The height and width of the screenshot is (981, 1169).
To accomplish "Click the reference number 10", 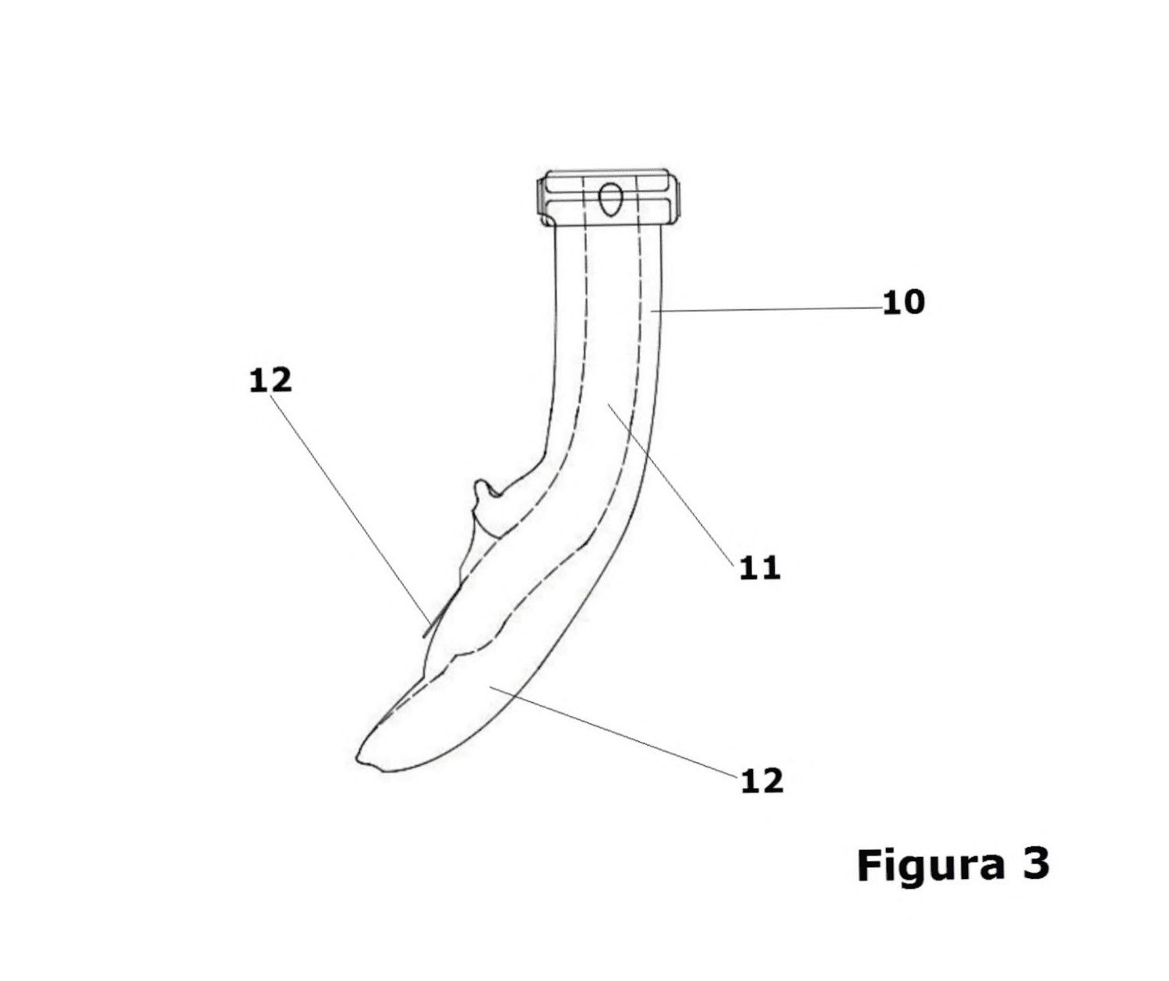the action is (903, 303).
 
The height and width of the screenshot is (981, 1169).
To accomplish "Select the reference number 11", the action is (760, 569).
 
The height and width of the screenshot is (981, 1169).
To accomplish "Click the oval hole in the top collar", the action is (609, 199).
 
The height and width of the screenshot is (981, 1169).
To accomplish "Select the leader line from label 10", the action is (766, 309).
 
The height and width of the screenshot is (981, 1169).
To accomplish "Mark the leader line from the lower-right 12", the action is (613, 731).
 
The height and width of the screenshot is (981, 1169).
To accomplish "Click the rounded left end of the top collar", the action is (540, 199).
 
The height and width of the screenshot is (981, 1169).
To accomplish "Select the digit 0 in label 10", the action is (913, 303).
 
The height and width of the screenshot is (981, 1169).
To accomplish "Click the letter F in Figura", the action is (870, 865).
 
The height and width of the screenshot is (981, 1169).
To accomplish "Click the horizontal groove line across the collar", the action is (609, 197).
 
